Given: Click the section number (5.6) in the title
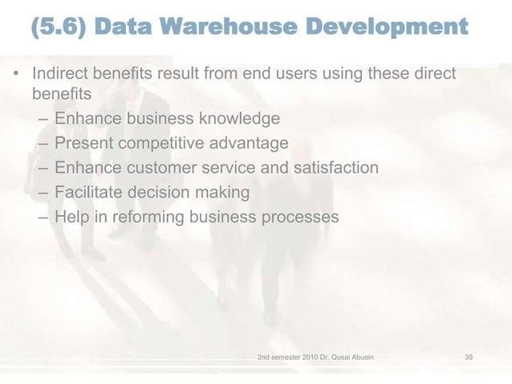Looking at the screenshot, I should coord(57,30).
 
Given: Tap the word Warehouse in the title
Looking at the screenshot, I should coord(226,30).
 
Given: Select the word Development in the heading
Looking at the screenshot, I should coord(386,30).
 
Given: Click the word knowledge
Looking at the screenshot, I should coord(237,119).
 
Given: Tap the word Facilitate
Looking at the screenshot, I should coord(86,193).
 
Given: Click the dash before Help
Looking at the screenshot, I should coord(42,218).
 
